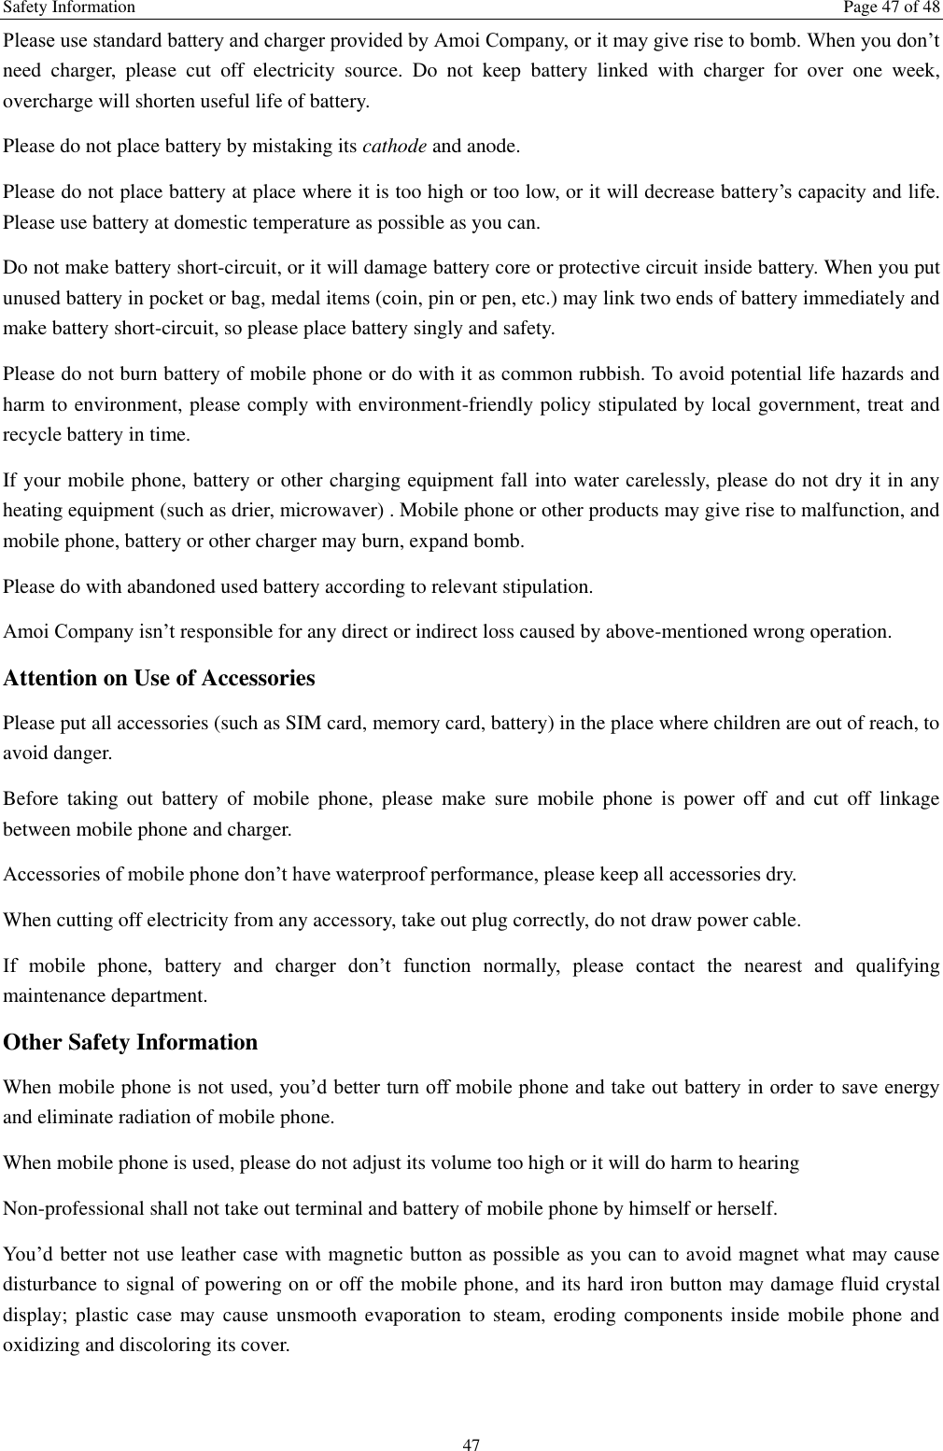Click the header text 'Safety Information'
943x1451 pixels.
69,8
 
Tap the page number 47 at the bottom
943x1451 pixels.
471,1445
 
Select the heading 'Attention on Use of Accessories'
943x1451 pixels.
160,678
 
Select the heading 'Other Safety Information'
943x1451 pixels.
131,1042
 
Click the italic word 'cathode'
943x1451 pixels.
395,147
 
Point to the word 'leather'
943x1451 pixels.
191,1254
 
